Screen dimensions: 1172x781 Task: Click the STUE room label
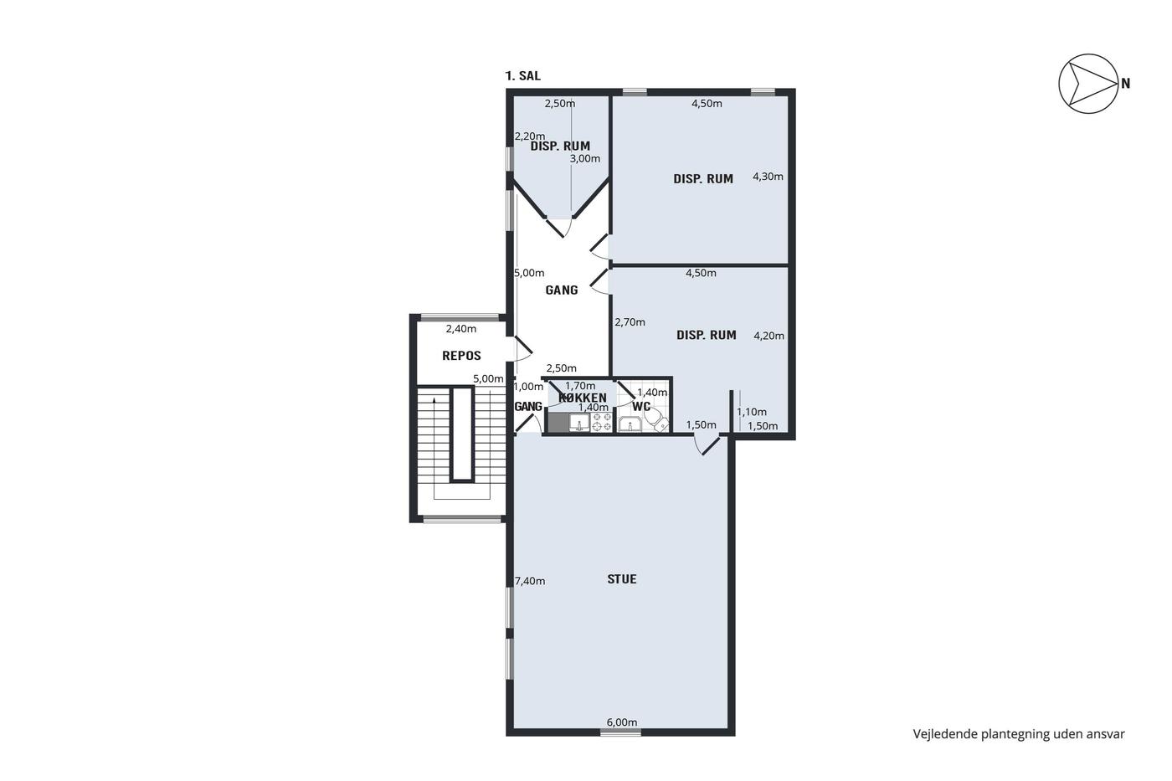click(x=621, y=579)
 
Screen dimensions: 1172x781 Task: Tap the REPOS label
click(x=461, y=356)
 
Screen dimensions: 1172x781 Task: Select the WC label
click(x=641, y=407)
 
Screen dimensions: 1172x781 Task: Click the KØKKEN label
click(x=583, y=398)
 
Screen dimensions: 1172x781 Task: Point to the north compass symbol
click(x=1089, y=83)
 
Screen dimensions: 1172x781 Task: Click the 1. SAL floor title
click(x=522, y=76)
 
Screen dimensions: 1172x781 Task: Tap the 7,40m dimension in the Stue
click(x=530, y=581)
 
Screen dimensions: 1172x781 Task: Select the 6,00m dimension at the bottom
click(x=622, y=722)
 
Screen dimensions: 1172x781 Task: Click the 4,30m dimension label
click(x=768, y=177)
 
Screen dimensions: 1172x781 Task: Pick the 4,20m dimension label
click(x=769, y=336)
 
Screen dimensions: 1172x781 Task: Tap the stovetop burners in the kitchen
click(x=602, y=422)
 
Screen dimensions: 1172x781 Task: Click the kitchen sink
click(x=579, y=423)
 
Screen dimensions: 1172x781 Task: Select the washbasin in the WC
click(x=630, y=424)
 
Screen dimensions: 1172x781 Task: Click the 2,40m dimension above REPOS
click(x=461, y=329)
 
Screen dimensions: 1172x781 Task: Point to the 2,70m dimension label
click(x=630, y=322)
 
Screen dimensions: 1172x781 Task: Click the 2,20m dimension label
click(x=529, y=136)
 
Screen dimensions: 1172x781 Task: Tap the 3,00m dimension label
click(x=585, y=158)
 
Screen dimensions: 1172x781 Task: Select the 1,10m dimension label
click(x=752, y=412)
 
